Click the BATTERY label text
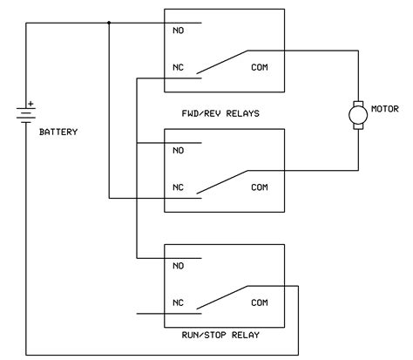coord(58,132)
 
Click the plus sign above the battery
coord(31,104)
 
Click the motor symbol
coord(357,114)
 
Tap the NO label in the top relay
coord(179,30)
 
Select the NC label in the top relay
coord(179,67)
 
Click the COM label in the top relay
coord(261,67)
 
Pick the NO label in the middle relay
coord(179,150)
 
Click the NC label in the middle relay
coord(179,187)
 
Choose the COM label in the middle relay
coord(261,187)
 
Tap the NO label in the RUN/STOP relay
coord(179,266)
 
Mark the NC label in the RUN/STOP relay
coord(179,303)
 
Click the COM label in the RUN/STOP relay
coord(261,303)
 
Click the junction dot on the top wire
coord(109,23)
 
